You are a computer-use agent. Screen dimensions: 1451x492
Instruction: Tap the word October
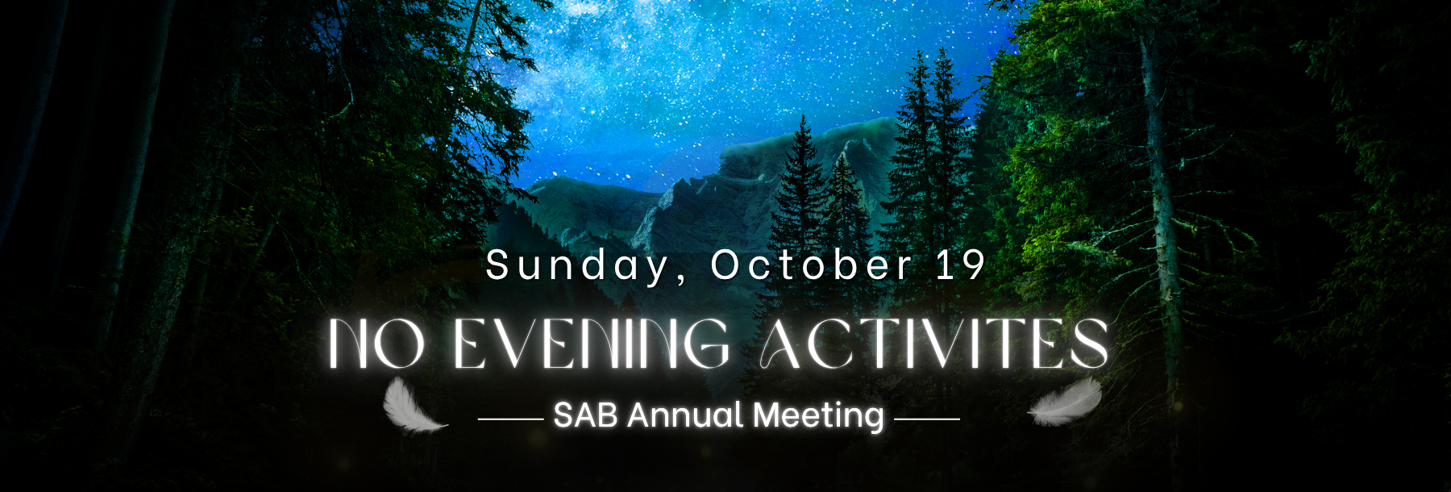point(812,265)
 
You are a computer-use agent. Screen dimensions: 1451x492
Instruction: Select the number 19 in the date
point(962,265)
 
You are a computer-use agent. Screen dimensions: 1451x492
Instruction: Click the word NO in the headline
point(376,344)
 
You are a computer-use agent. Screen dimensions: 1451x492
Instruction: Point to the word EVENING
point(592,344)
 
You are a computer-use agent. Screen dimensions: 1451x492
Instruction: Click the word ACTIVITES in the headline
point(935,344)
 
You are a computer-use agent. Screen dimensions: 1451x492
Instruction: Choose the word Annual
point(685,415)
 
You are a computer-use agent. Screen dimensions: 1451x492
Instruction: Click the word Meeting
point(819,417)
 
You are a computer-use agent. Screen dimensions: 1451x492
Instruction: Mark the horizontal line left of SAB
point(510,419)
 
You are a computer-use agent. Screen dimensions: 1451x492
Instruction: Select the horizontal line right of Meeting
point(927,419)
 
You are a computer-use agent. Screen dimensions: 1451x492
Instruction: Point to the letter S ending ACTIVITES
point(1088,344)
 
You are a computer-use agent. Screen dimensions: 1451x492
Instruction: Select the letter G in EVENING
point(706,344)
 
